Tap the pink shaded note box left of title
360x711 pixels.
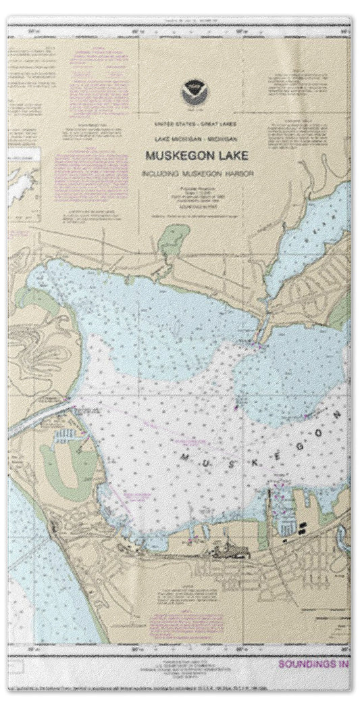pos(91,177)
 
